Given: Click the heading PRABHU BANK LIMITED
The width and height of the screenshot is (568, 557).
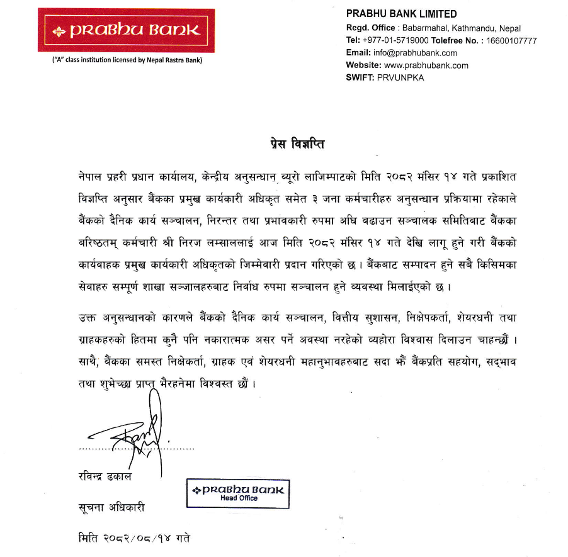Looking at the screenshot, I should pyautogui.click(x=402, y=14).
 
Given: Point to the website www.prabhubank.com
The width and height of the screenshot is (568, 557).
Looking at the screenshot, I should pyautogui.click(x=426, y=65).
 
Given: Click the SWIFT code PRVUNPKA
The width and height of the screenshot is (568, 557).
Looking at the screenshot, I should pyautogui.click(x=400, y=77).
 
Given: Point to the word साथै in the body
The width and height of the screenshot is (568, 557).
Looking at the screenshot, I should pyautogui.click(x=83, y=364).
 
